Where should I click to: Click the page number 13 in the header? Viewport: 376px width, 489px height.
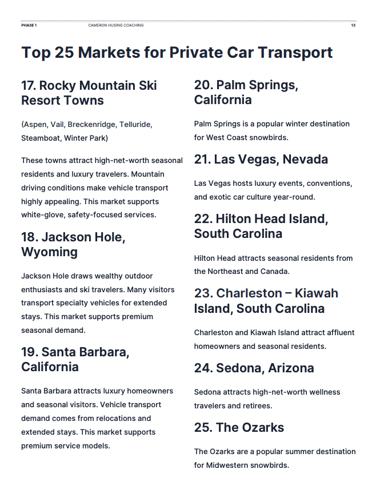[x=353, y=25]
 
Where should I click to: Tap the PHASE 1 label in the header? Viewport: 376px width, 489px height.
[x=29, y=25]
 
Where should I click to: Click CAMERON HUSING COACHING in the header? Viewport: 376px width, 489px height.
[x=116, y=25]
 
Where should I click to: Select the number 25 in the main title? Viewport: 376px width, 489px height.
[x=64, y=53]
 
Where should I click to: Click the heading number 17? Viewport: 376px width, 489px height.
[x=29, y=85]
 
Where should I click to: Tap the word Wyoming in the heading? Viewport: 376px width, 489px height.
[x=49, y=252]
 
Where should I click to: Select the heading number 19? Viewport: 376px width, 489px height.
[x=29, y=352]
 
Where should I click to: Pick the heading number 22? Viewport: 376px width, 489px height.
[x=203, y=218]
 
